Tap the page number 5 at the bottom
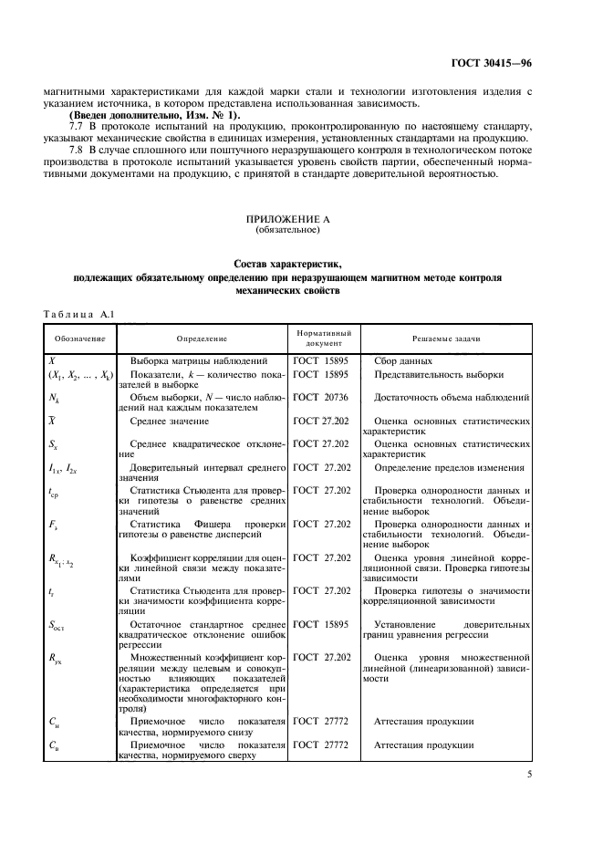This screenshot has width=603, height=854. [530, 776]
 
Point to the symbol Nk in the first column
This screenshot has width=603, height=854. [54, 399]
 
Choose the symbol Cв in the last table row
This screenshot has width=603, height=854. [53, 745]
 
